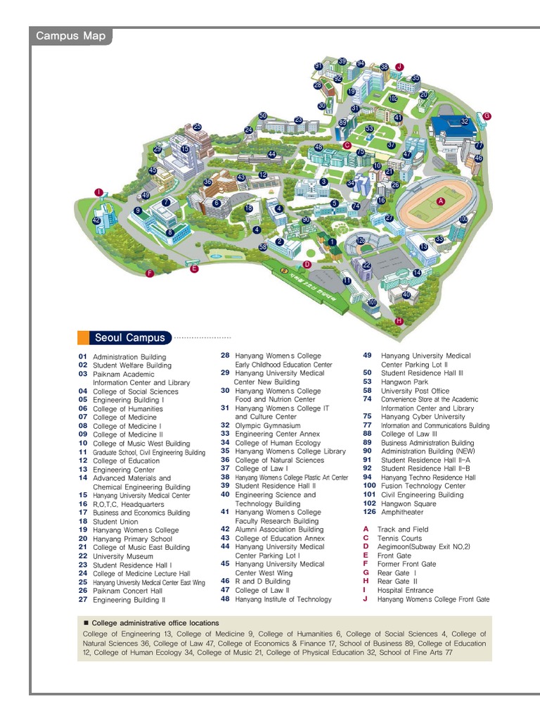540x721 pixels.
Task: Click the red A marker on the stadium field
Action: [442, 201]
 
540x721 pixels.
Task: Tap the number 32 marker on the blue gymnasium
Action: [464, 121]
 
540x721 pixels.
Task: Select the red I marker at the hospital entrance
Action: [99, 192]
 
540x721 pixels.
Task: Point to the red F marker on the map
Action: [149, 273]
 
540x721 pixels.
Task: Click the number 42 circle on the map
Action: [96, 220]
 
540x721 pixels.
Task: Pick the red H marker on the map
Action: [399, 320]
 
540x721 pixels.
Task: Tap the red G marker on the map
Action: [487, 115]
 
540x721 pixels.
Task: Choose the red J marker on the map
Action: [399, 66]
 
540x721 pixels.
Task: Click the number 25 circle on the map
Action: [198, 127]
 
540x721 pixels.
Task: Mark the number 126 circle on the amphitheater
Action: [361, 241]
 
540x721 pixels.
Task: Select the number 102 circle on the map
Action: [393, 99]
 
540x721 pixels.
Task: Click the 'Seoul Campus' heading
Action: [129, 338]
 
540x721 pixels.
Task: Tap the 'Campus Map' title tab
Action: [70, 37]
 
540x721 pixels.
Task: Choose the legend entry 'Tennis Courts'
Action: [399, 538]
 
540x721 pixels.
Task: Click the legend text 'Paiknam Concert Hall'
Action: [127, 591]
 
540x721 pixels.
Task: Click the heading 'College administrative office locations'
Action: [155, 623]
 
